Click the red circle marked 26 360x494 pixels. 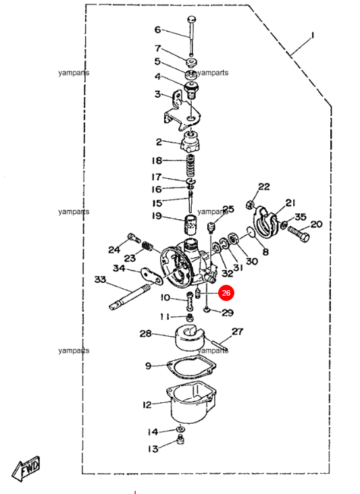(x=226, y=293)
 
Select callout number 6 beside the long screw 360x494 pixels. (x=158, y=30)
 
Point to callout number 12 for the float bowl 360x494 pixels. (x=147, y=405)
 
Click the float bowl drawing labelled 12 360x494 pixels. (x=190, y=403)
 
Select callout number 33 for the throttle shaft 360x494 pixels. (x=100, y=279)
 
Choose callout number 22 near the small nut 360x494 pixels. (x=263, y=187)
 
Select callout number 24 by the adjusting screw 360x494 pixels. (x=114, y=250)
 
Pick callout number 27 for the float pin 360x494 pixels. (x=237, y=331)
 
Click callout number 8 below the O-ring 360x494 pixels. (x=265, y=252)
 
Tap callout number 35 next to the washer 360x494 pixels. (x=300, y=217)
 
